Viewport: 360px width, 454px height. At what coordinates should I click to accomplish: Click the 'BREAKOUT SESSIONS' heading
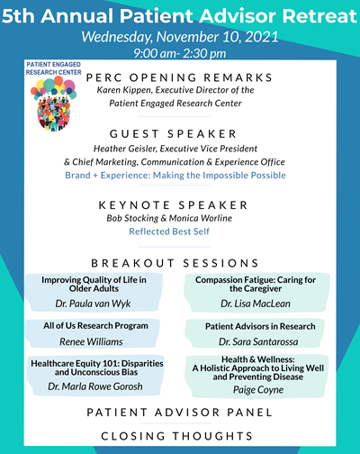(188, 263)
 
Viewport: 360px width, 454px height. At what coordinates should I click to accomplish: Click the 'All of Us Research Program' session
(88, 325)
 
